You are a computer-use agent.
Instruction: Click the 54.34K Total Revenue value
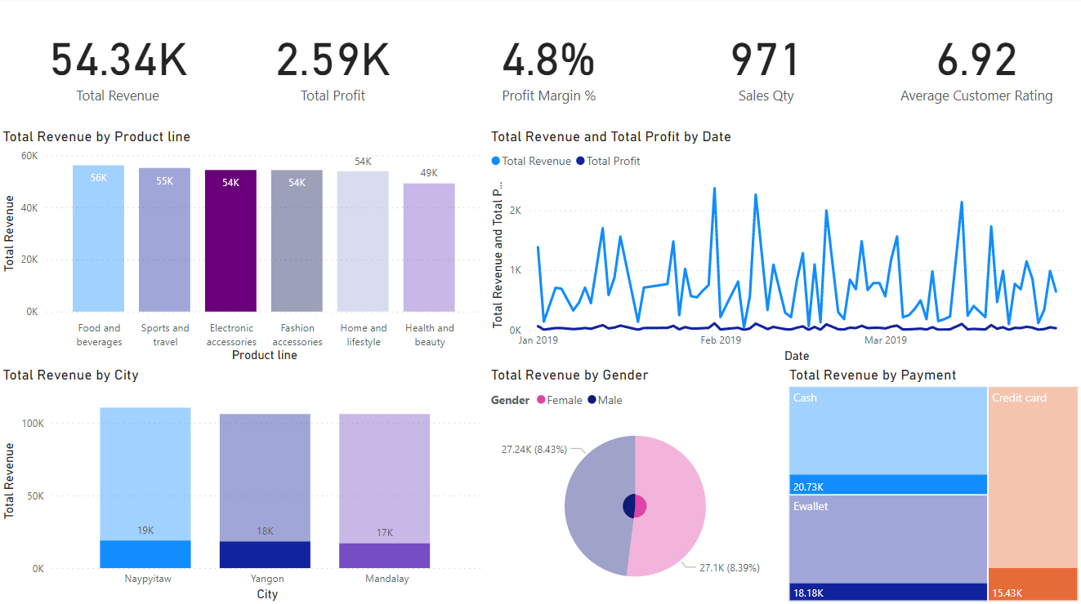[x=118, y=61]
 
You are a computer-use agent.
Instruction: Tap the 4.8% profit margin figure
[x=548, y=61]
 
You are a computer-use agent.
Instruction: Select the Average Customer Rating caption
[x=976, y=96]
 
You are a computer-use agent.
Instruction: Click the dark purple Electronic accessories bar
[x=230, y=245]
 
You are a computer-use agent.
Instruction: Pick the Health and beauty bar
[x=429, y=249]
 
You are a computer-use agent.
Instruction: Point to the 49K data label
[x=429, y=174]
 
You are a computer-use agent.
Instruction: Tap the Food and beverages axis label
[x=99, y=335]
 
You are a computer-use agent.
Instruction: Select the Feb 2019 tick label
[x=721, y=340]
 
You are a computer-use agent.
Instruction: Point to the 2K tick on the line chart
[x=515, y=211]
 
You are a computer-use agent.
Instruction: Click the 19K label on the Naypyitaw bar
[x=145, y=531]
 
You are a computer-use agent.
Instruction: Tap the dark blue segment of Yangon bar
[x=265, y=555]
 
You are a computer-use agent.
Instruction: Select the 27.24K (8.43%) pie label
[x=534, y=449]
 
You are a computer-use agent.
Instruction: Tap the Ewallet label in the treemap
[x=810, y=507]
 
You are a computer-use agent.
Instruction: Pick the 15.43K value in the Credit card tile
[x=1007, y=593]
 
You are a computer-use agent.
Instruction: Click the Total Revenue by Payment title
[x=872, y=375]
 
